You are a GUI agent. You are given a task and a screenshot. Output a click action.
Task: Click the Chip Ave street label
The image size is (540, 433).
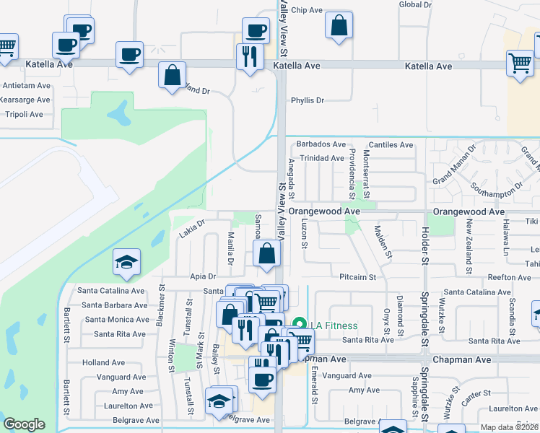coord(306,10)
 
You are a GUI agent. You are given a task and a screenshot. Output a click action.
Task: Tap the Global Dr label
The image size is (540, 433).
coord(415,4)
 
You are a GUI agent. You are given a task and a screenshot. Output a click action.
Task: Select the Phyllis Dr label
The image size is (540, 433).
coord(307,100)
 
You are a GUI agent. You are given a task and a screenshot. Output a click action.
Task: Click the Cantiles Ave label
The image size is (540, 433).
coord(391,144)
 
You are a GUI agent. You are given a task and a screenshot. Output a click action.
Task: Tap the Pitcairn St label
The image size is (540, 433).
coord(358,277)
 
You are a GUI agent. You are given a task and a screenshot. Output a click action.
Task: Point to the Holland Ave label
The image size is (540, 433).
coord(103,363)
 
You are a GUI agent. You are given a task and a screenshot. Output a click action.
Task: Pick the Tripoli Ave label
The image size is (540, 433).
coord(24,114)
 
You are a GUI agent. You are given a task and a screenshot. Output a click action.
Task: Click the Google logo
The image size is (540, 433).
coord(24,424)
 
